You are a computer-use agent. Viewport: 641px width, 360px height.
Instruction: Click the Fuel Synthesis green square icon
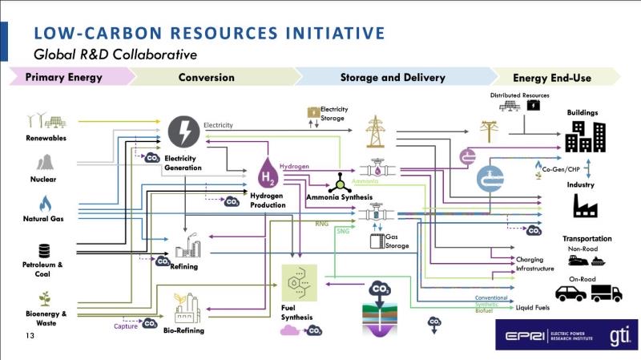[x=300, y=283]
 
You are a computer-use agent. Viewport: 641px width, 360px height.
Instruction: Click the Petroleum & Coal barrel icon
[x=44, y=250]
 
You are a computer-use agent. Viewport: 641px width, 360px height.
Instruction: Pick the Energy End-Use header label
[x=551, y=78]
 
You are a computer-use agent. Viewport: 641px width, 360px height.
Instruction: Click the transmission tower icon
[x=375, y=131]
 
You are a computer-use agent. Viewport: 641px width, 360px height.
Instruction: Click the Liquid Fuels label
[x=533, y=307]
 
